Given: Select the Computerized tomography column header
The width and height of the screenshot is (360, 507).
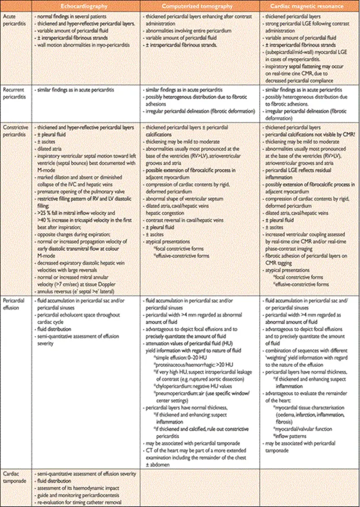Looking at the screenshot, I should click(200, 6).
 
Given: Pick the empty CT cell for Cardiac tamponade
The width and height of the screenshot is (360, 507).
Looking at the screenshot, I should click(200, 488).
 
